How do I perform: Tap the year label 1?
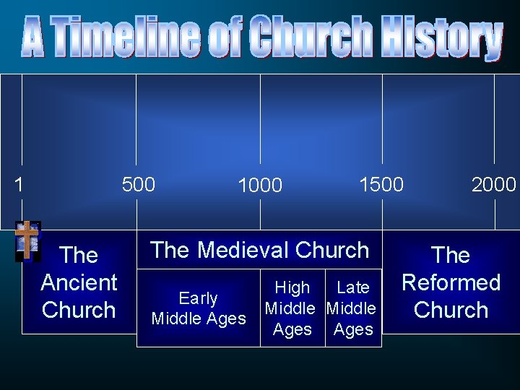(19, 185)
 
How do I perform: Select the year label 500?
(139, 185)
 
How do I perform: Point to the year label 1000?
(260, 186)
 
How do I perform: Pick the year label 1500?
(381, 184)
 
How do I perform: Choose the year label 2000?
(494, 185)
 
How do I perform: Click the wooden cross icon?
(27, 240)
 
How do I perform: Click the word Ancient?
(79, 282)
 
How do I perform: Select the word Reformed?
(451, 282)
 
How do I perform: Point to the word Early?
(199, 298)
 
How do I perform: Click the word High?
(292, 287)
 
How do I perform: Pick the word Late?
(353, 287)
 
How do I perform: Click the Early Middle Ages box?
(199, 308)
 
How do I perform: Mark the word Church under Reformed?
(451, 310)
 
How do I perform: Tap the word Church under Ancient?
(79, 310)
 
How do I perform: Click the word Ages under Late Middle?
(353, 329)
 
